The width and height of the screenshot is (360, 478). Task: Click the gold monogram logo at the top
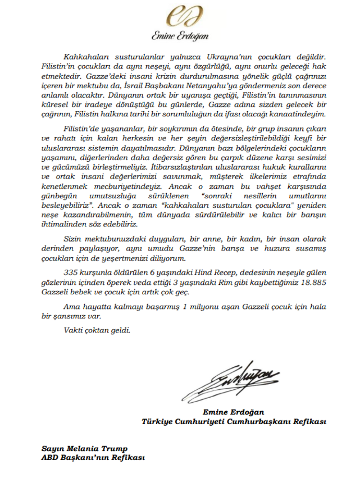179,17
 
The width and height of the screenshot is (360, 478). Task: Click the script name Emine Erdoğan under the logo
179,36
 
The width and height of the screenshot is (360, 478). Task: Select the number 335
72,271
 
